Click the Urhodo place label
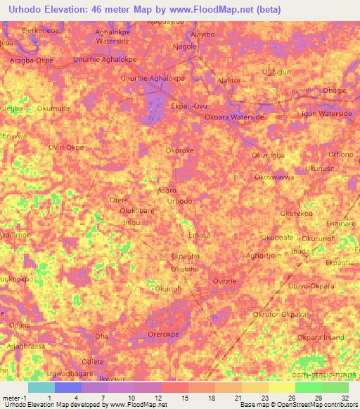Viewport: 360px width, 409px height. [179, 201]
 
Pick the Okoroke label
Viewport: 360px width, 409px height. [179, 150]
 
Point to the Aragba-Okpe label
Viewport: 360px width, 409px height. [31, 61]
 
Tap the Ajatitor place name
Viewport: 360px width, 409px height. [229, 81]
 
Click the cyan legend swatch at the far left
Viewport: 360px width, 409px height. [41, 387]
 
